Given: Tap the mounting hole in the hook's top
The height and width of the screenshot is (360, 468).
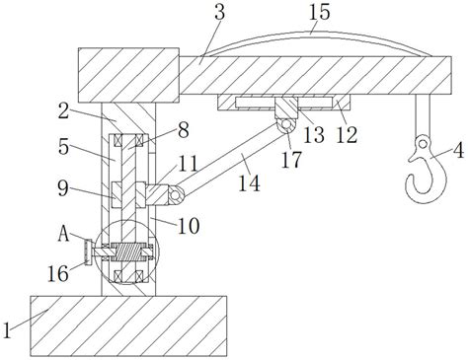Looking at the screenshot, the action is [424, 143].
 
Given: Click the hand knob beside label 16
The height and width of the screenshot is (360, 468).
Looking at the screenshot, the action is [88, 252].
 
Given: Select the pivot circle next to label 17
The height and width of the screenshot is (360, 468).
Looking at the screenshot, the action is [286, 124].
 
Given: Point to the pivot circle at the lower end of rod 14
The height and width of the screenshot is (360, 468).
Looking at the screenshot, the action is [175, 195].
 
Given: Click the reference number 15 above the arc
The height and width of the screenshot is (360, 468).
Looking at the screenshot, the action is [319, 12].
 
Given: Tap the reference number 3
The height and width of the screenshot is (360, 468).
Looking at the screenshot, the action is [219, 12].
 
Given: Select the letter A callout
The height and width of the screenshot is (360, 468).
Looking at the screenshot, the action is [63, 235].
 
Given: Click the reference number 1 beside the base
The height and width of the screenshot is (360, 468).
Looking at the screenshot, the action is [7, 329].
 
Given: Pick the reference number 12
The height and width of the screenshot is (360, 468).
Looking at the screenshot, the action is [347, 135].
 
